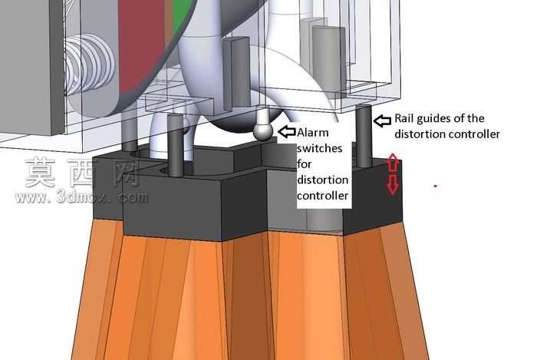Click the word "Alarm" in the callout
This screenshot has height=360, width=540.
pyautogui.click(x=313, y=133)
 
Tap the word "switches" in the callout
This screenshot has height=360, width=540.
pyautogui.click(x=320, y=148)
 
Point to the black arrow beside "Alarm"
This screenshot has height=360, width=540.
pyautogui.click(x=287, y=131)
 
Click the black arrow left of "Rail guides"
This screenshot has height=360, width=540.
pyautogui.click(x=382, y=121)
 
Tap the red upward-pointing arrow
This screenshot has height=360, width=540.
pyautogui.click(x=393, y=163)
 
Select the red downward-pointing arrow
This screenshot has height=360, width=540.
pyautogui.click(x=393, y=184)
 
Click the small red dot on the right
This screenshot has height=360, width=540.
pyautogui.click(x=436, y=186)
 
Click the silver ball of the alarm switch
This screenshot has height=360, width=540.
pyautogui.click(x=263, y=131)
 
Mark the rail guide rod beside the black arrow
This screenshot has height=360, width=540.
pyautogui.click(x=364, y=136)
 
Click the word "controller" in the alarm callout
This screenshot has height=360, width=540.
pyautogui.click(x=323, y=196)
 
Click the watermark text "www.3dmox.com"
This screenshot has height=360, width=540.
pyautogui.click(x=81, y=197)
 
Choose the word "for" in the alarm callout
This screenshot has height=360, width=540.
pyautogui.click(x=304, y=164)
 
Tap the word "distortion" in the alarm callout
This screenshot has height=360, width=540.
pyautogui.click(x=323, y=180)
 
